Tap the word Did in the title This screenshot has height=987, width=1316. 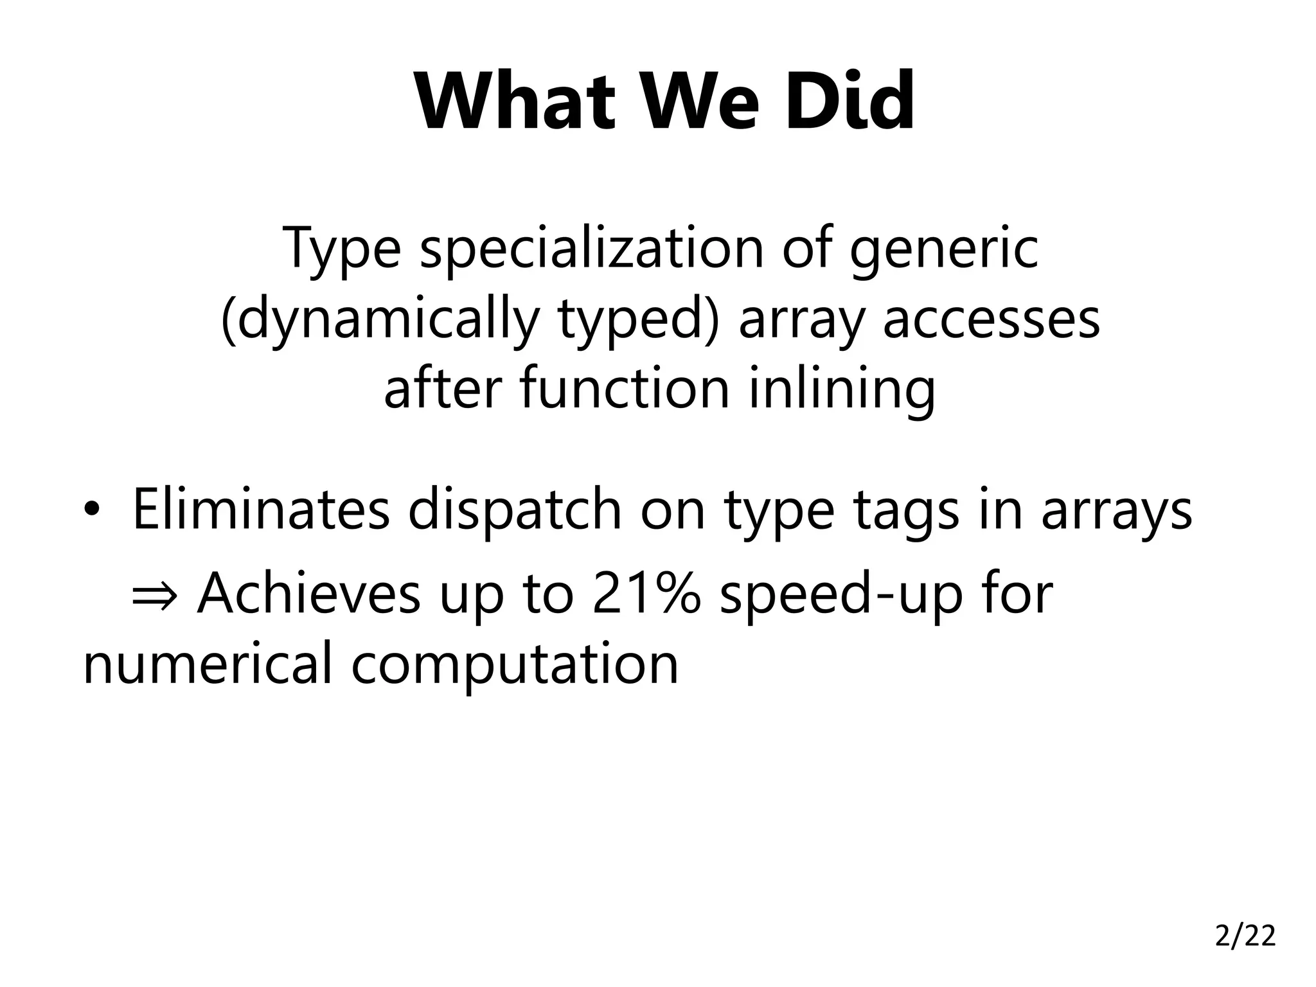tap(849, 102)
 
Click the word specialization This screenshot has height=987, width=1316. tap(592, 249)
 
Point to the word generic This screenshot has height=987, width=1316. tap(943, 249)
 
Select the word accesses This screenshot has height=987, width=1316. tap(991, 319)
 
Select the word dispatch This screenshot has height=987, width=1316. tap(515, 510)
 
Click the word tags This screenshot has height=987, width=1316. tap(906, 510)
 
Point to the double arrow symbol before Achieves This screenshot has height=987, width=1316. tap(154, 595)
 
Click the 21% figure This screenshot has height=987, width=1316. tap(646, 593)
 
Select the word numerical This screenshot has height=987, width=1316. tap(208, 663)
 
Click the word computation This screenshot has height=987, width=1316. tap(515, 664)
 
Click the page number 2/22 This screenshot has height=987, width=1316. tap(1245, 936)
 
